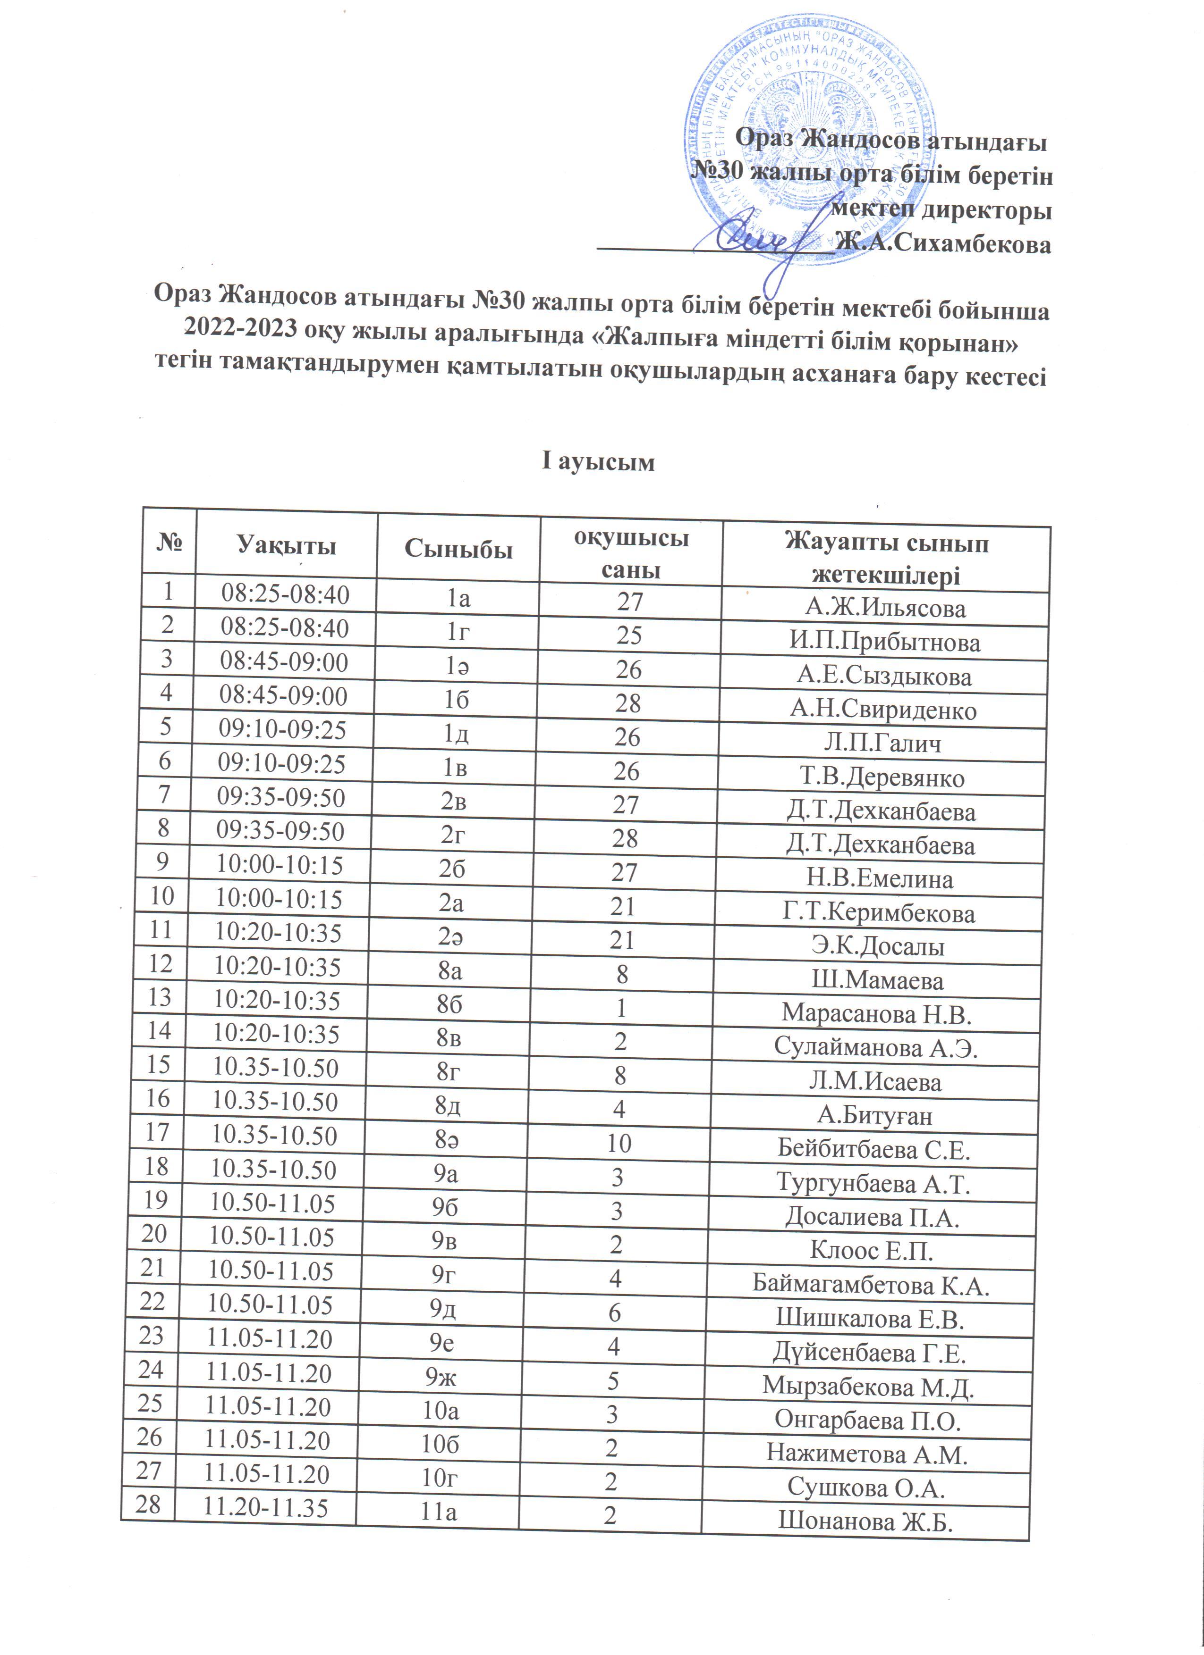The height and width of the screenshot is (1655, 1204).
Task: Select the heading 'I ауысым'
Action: point(598,462)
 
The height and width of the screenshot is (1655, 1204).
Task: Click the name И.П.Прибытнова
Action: point(884,642)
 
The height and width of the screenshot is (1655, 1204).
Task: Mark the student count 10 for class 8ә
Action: point(619,1143)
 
